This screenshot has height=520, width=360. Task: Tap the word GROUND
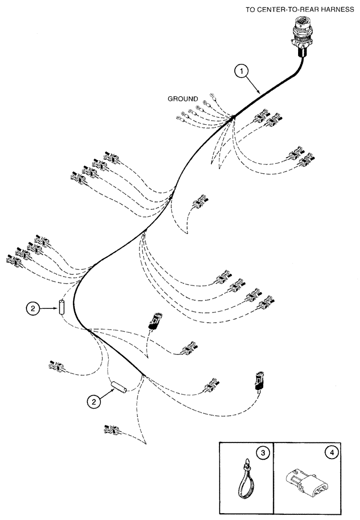point(182,98)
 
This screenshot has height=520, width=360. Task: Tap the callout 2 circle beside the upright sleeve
point(33,308)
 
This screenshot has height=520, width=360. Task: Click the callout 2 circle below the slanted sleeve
point(93,401)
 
